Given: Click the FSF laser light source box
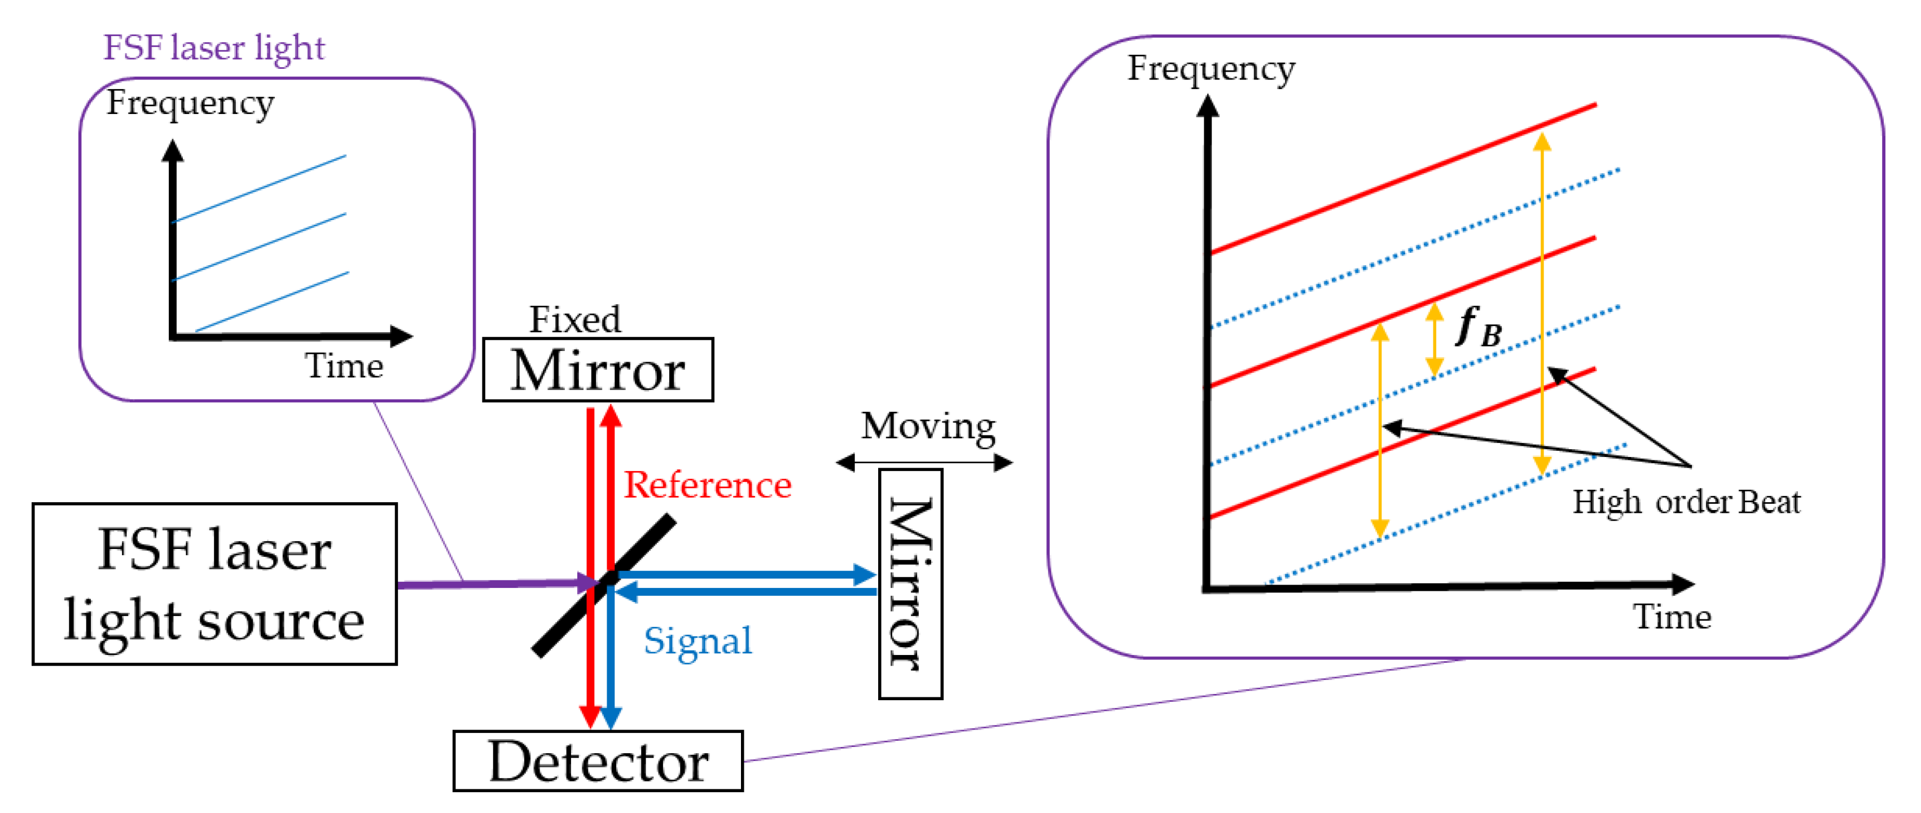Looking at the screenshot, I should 215,584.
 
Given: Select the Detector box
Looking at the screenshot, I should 598,761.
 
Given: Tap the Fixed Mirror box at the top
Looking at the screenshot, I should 598,370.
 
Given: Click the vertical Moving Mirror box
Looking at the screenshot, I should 910,584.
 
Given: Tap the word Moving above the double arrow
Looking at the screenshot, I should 928,427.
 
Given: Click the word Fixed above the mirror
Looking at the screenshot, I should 575,319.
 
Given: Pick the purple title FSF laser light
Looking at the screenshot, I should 214,48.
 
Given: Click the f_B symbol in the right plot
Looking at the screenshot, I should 1479,328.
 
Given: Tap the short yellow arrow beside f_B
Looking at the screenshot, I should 1434,340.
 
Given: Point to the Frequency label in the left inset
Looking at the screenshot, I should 190,103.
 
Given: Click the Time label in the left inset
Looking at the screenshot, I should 344,366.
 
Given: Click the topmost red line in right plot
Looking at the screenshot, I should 1402,179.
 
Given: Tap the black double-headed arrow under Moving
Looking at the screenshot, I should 925,463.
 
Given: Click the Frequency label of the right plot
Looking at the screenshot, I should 1211,69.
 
